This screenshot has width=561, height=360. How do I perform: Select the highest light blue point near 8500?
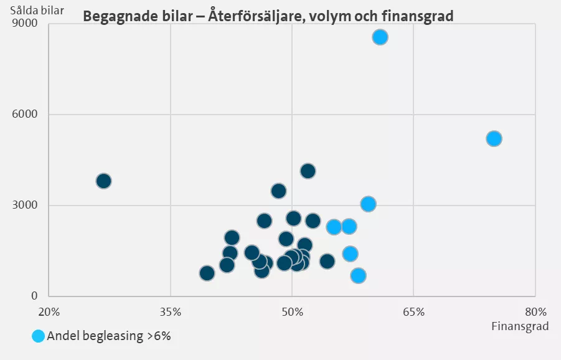[x=380, y=37]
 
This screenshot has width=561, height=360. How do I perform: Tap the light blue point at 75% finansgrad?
[x=494, y=138]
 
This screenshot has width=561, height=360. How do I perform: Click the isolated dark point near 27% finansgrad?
[x=104, y=181]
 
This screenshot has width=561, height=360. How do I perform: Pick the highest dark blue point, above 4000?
[x=308, y=171]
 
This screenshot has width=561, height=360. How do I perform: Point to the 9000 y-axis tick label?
[x=26, y=24]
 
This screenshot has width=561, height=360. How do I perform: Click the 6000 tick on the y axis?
[x=26, y=115]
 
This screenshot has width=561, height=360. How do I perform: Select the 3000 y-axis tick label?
[x=26, y=206]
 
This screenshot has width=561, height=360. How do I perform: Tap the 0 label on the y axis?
[x=34, y=296]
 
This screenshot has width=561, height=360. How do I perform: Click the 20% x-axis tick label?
[x=49, y=311]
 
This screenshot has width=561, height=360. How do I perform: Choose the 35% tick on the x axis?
[x=170, y=311]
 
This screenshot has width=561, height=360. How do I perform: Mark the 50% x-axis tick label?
[x=292, y=311]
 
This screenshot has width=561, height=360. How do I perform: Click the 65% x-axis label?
[x=413, y=311]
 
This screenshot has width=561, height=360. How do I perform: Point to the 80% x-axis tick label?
[x=535, y=311]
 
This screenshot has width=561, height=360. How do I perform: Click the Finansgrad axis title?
[x=520, y=326]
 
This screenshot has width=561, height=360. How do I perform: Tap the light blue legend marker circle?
[x=39, y=336]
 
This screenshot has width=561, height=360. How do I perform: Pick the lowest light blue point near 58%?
[x=358, y=275]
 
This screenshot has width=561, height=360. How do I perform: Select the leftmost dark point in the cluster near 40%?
[x=207, y=273]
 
